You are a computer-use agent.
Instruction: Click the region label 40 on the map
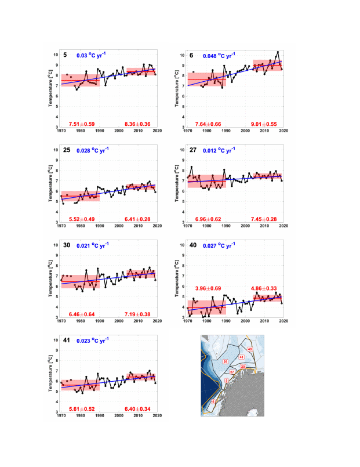point(249,349)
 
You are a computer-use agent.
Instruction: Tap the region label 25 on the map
point(225,362)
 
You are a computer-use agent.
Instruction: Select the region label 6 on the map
point(213,401)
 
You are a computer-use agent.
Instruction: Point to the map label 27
point(232,372)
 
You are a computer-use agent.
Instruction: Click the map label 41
point(241,357)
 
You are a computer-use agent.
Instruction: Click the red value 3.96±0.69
point(208,288)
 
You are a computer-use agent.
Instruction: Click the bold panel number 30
point(67,245)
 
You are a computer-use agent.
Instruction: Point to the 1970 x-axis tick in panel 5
point(61,131)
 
